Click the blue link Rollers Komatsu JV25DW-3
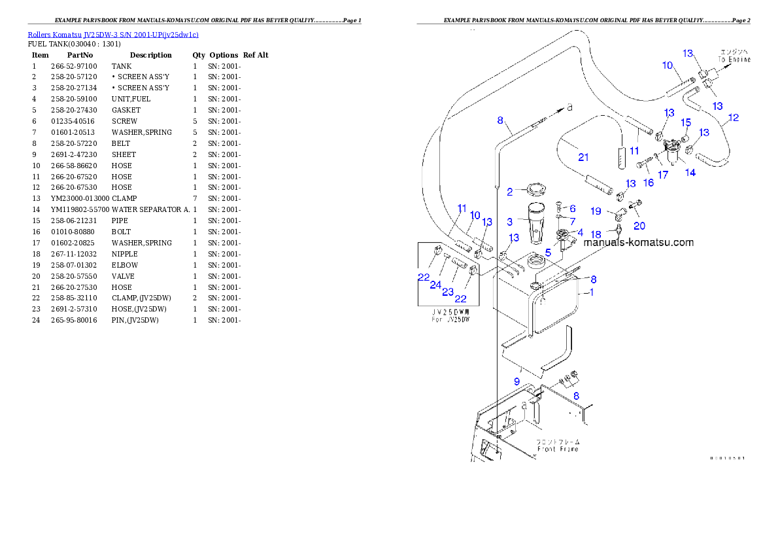pos(112,34)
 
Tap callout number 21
pos(583,157)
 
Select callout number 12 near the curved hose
pos(734,118)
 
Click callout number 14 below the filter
pos(690,173)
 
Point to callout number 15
pos(686,122)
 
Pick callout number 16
pos(648,183)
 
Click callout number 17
pos(663,175)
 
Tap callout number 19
pos(596,211)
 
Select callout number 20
pos(639,226)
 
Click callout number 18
pos(596,234)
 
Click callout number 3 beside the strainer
pos(509,222)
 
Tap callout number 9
pos(516,381)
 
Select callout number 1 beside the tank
pos(592,293)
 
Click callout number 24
pos(435,285)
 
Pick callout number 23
pos(448,292)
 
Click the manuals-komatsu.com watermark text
pos(638,242)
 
